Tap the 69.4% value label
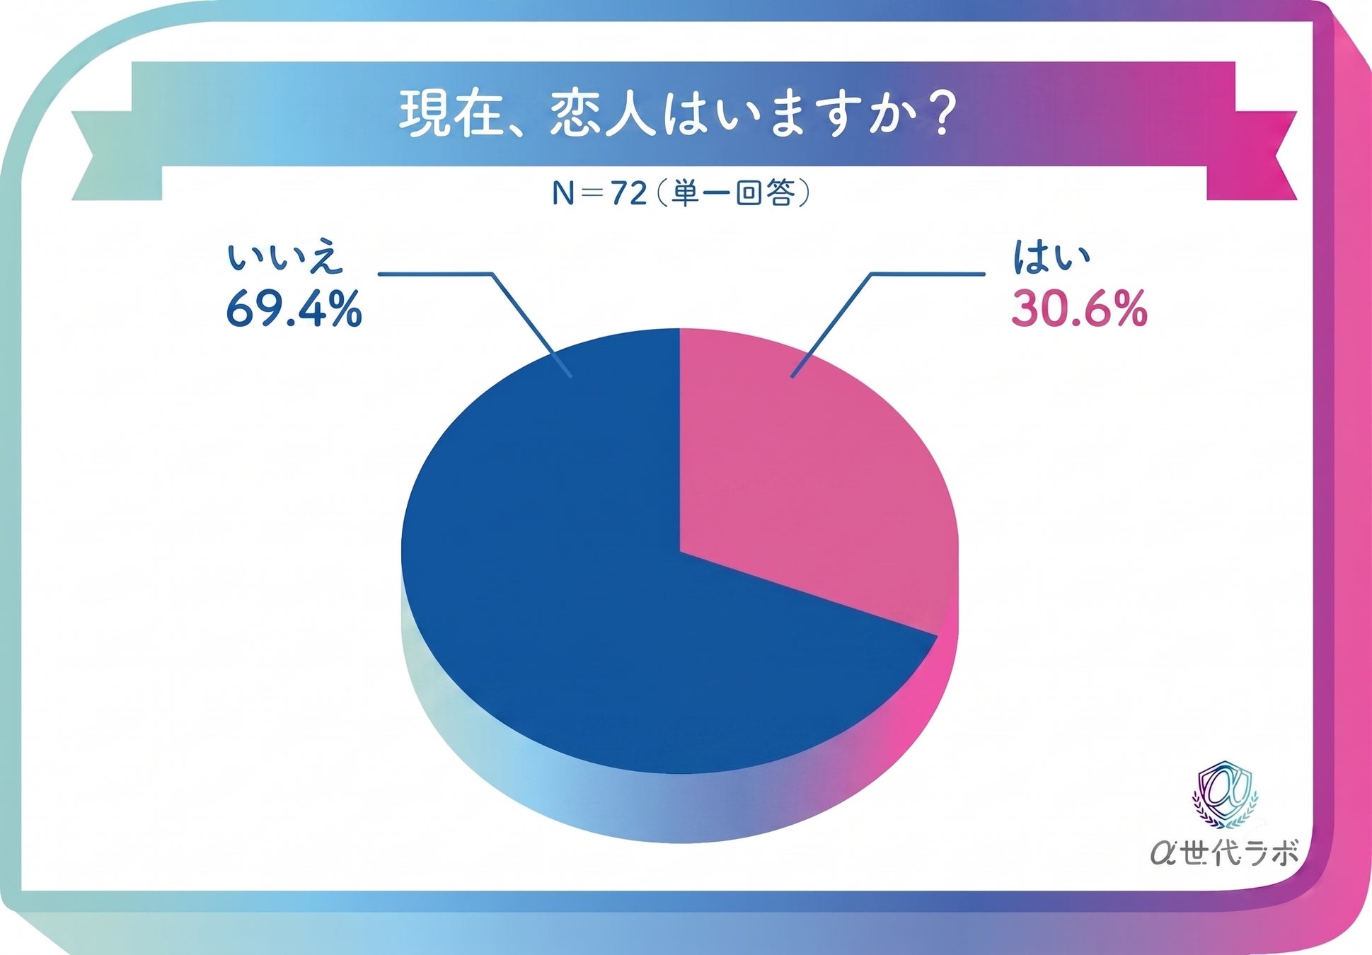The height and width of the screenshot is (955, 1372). (294, 309)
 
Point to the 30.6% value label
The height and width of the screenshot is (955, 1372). (1079, 309)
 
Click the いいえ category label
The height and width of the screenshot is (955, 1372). (284, 258)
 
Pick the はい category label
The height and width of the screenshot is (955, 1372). (1051, 257)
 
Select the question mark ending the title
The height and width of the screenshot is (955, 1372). (940, 114)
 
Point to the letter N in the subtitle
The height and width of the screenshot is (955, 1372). (563, 193)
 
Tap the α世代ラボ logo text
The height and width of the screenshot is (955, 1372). (1223, 852)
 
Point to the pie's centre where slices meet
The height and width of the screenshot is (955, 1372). (680, 551)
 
